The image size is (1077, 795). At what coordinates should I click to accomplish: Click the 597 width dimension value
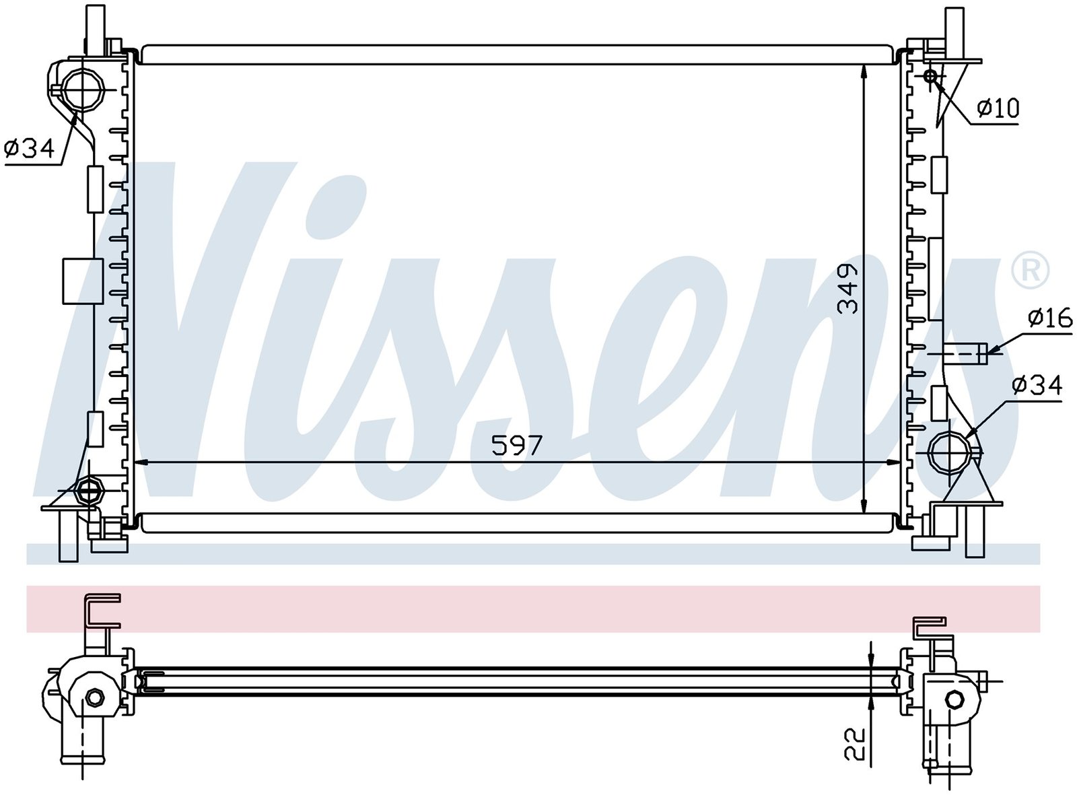[517, 446]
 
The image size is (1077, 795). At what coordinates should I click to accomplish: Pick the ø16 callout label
[1050, 319]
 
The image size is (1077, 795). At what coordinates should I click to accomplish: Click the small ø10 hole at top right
[930, 76]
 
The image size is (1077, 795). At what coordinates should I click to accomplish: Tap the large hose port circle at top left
[82, 90]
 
